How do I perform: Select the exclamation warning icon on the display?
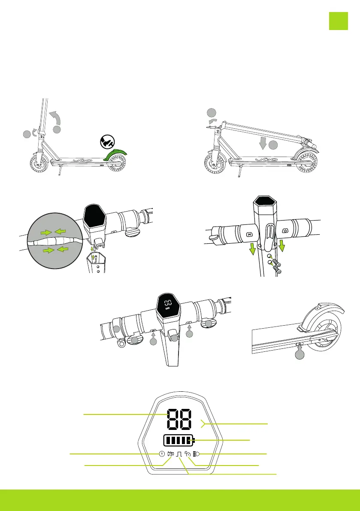[x=162, y=454]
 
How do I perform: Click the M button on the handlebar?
[x=249, y=235]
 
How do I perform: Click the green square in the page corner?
[x=338, y=21]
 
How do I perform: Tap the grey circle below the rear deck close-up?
[x=299, y=356]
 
